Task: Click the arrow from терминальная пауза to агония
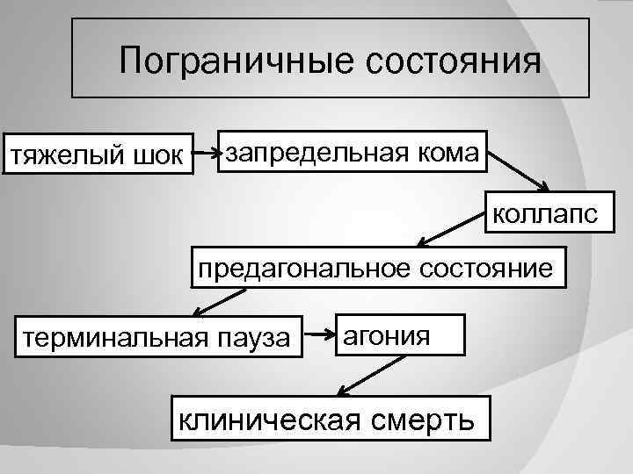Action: [x=318, y=333]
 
